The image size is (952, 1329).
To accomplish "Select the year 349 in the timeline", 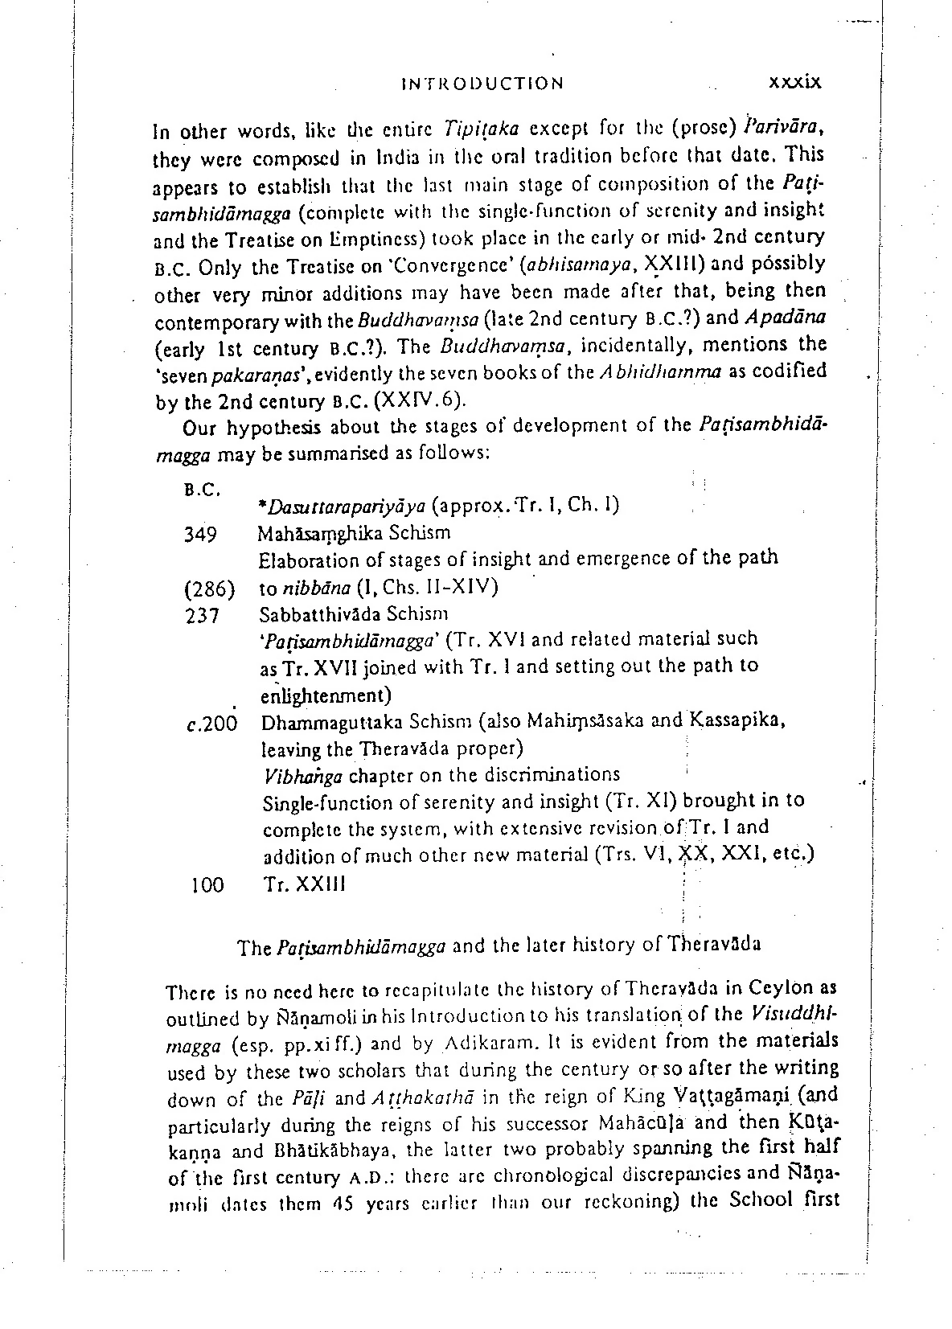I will (x=201, y=534).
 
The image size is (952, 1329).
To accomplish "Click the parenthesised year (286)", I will (x=209, y=589).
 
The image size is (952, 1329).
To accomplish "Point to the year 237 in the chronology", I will (x=203, y=617).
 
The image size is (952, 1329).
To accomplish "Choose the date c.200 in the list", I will (x=211, y=724).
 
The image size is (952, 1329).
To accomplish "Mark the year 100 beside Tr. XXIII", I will (x=208, y=885).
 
